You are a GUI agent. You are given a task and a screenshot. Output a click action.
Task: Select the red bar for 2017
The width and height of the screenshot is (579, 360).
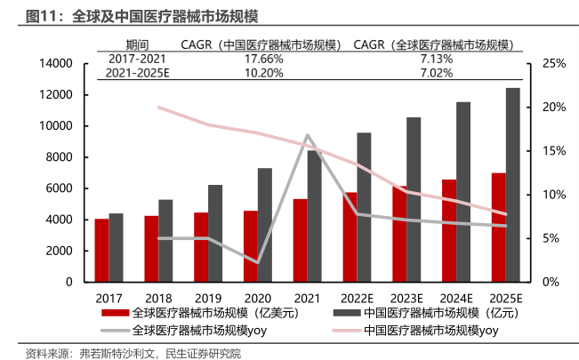pos(102,250)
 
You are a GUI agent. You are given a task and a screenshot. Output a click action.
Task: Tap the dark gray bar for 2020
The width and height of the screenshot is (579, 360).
pos(265,225)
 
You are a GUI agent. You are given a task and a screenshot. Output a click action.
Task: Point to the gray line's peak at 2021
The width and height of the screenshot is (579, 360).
pos(307,135)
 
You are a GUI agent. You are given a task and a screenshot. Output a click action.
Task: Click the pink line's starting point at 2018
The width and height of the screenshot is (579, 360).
pos(158,107)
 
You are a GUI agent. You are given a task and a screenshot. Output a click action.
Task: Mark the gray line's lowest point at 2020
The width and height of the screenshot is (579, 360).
pos(257,262)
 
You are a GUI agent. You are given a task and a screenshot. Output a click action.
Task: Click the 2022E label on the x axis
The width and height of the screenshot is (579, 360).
pos(358,296)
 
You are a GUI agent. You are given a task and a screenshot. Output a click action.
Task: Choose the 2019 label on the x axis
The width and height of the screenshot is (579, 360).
pos(209,296)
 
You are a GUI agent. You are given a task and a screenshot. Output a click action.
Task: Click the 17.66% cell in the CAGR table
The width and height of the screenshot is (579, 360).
pos(263,59)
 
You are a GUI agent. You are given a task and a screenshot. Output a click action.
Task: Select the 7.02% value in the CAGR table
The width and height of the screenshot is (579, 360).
pos(436,72)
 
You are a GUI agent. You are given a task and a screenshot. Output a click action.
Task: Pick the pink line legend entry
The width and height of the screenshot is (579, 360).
pos(418,331)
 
